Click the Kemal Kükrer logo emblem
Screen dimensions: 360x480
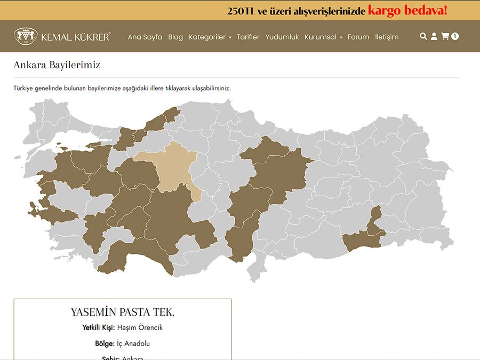[26, 36]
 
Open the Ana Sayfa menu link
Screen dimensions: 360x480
[145, 37]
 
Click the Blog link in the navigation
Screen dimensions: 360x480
[175, 37]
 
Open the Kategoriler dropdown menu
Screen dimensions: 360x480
[210, 37]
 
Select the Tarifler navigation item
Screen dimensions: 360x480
[248, 37]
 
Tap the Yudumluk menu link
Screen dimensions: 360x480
[282, 37]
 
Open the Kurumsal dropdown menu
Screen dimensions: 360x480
[323, 37]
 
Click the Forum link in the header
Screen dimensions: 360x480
[358, 37]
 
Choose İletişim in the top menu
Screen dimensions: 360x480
[387, 37]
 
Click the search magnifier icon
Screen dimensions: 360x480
[423, 36]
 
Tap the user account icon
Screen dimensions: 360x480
[434, 36]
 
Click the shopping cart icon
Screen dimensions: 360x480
[445, 36]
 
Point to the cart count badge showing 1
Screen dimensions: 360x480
[455, 36]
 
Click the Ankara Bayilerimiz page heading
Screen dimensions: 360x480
[57, 65]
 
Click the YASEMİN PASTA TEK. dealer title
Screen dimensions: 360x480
[123, 312]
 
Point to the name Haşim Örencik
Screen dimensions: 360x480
[140, 327]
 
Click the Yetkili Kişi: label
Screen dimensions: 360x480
[99, 327]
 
